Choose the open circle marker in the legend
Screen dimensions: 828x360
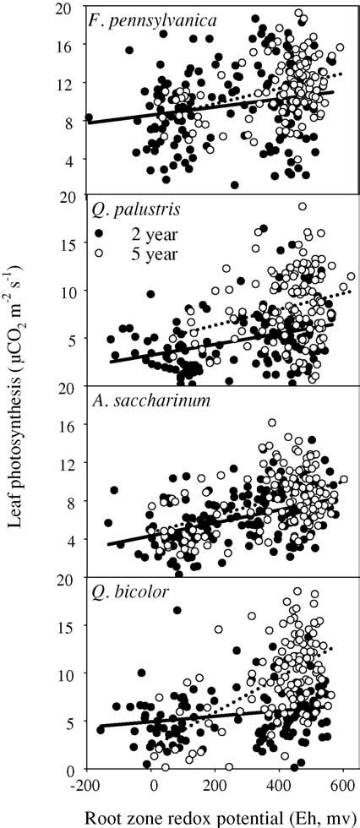click(x=99, y=252)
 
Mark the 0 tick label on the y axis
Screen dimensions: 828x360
click(x=71, y=770)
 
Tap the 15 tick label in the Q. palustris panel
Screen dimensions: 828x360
click(x=68, y=242)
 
